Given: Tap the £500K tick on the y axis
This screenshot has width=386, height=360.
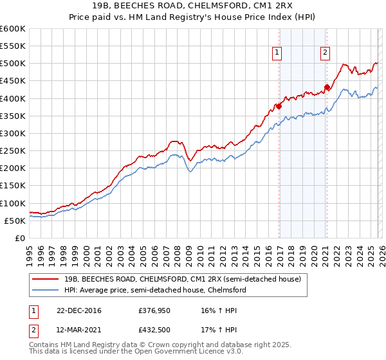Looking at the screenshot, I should click(13, 64).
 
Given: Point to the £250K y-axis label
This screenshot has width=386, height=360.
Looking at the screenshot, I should click(13, 150).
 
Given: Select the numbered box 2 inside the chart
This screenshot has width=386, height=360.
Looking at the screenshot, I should click(326, 53).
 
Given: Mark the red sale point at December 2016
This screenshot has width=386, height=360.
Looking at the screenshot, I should click(279, 106).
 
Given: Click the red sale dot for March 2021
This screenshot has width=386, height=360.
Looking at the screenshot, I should click(327, 87).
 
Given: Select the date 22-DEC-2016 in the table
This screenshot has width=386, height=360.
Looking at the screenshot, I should click(75, 310).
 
